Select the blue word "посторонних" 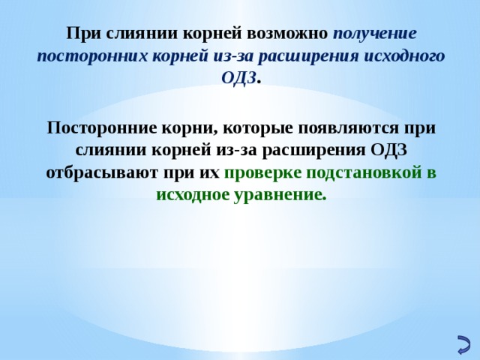click(x=86, y=56)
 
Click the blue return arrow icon click(x=463, y=343)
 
